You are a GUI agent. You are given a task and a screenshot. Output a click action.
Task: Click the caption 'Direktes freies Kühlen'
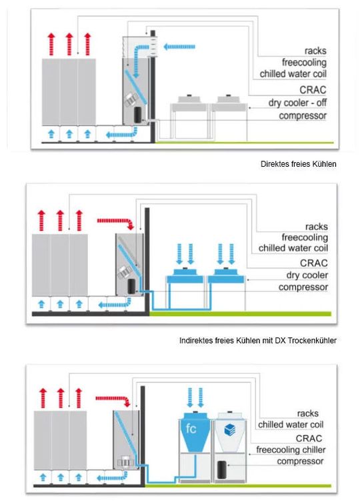299,164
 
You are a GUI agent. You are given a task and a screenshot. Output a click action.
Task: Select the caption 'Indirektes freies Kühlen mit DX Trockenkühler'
258,341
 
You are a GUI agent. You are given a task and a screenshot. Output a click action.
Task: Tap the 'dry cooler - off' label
297,103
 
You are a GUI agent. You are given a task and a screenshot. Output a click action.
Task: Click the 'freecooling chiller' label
291,450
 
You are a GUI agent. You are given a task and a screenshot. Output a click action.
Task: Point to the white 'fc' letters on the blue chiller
191,428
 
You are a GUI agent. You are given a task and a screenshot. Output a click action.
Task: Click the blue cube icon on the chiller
230,430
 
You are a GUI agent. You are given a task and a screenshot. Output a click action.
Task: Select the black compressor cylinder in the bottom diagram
222,470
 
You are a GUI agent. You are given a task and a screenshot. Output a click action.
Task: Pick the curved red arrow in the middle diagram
115,223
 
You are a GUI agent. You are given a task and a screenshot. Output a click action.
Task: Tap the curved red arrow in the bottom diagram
113,400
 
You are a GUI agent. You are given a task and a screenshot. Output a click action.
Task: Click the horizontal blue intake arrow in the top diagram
179,47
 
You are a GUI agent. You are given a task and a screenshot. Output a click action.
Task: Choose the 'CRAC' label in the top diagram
313,90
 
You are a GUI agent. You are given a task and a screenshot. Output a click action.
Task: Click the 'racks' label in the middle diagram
316,227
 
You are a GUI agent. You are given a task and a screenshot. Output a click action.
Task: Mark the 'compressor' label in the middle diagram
303,288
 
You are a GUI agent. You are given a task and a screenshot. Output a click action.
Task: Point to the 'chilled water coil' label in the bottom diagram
291,425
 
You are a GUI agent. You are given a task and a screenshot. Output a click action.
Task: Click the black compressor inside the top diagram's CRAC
138,115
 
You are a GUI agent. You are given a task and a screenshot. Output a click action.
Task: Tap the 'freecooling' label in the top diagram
304,62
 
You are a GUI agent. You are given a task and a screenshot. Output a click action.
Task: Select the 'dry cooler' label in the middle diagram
307,275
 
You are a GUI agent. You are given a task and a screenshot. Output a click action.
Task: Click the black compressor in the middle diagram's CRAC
131,286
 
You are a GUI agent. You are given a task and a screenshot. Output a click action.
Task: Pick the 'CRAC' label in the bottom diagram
309,438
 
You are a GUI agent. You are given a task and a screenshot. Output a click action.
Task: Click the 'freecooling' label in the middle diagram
305,237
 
